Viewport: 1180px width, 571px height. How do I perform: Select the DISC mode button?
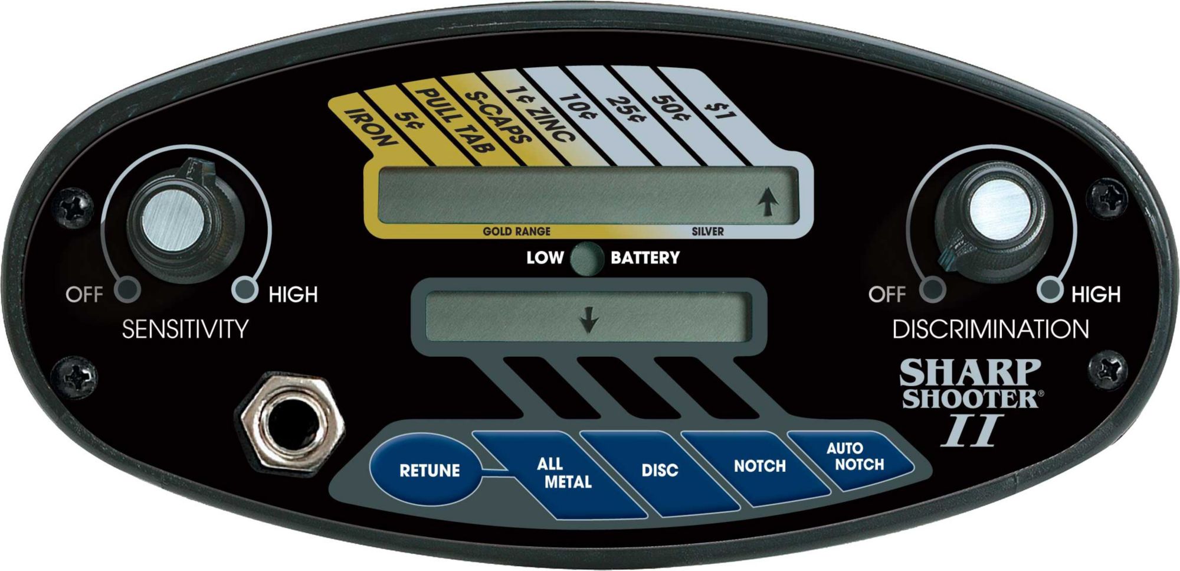click(x=659, y=470)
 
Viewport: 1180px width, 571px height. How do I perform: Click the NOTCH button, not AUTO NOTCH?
click(x=759, y=466)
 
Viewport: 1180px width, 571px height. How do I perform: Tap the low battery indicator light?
click(x=586, y=259)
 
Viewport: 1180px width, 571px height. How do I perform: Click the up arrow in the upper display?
click(x=768, y=203)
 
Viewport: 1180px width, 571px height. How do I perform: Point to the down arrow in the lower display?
click(x=588, y=322)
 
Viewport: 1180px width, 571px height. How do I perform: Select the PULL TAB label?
click(x=454, y=121)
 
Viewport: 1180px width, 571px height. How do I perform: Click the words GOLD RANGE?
click(x=516, y=231)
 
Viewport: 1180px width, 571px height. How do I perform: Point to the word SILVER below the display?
click(x=707, y=231)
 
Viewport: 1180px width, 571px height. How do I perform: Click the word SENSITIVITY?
click(x=185, y=329)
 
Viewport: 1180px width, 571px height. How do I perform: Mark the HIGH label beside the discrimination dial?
click(x=1096, y=294)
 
